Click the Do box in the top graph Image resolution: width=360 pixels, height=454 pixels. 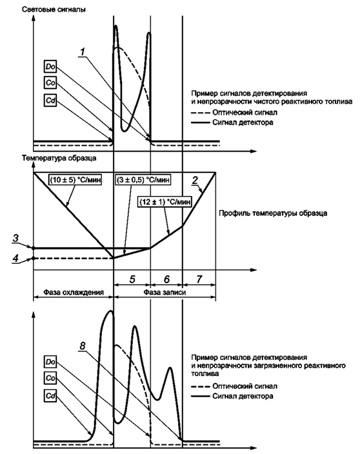pos(50,67)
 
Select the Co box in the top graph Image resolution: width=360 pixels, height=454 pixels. pos(50,83)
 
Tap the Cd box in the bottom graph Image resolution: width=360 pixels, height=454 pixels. pos(50,396)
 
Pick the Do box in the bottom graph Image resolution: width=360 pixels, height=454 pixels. pos(50,362)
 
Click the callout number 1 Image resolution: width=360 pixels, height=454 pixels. pos(83,52)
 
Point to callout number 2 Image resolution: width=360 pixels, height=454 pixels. pos(195,180)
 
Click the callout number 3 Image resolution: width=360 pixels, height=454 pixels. pos(15,239)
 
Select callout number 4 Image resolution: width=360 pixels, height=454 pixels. pos(15,258)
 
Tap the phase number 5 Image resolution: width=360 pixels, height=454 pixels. pos(132,279)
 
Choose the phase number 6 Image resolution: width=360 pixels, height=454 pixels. pos(166,279)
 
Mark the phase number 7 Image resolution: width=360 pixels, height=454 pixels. pos(199,279)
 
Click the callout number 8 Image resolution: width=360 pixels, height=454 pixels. pos(83,346)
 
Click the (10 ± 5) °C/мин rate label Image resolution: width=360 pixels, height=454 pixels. pos(75,180)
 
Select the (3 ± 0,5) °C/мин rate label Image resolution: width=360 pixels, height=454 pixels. pos(143,180)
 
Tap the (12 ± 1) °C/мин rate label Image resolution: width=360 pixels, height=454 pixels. pos(165,201)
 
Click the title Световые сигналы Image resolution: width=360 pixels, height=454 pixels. pos(54,9)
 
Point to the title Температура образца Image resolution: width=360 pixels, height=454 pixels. pos(59,158)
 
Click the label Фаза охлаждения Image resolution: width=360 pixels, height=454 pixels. pos(74,292)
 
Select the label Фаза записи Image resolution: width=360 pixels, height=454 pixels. pos(165,292)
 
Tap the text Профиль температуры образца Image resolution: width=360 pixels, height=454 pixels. pos(273,213)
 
